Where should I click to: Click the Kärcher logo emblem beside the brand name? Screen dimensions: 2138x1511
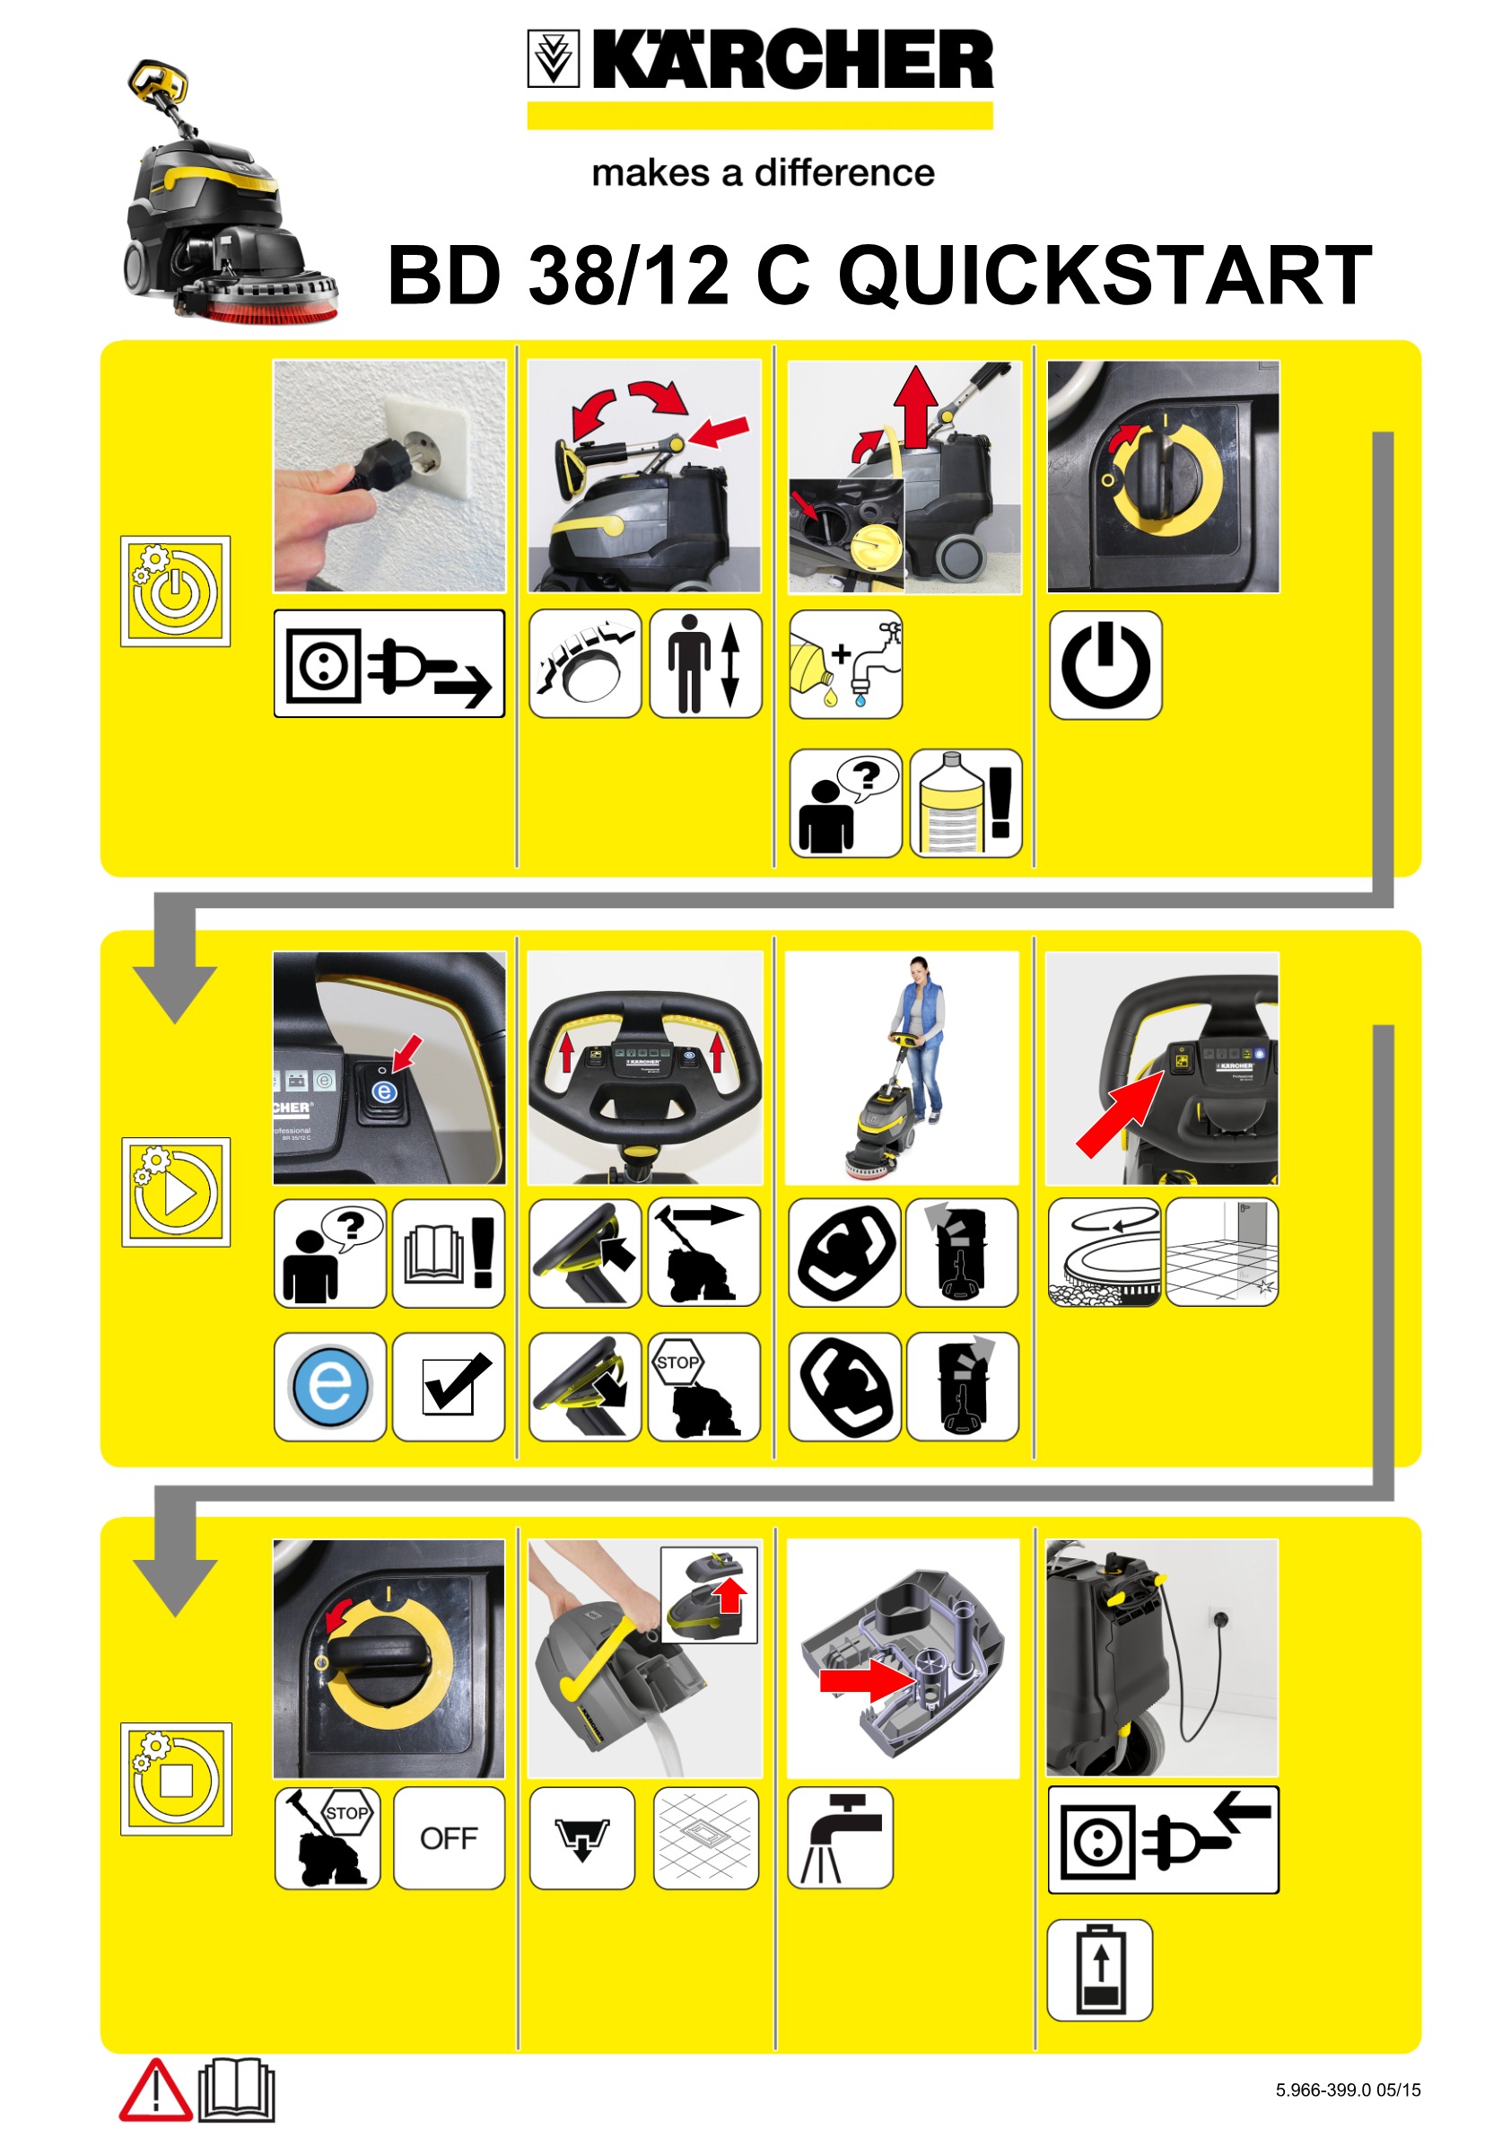[x=553, y=57]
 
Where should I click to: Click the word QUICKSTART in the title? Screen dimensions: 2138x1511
[x=1105, y=276]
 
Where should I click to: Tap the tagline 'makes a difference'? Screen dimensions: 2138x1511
[x=763, y=173]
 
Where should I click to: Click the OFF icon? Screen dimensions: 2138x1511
[x=449, y=1837]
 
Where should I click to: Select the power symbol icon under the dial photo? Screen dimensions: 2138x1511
[x=1105, y=665]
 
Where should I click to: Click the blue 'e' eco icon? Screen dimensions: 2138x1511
[x=329, y=1387]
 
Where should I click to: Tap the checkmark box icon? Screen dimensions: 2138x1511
[x=449, y=1387]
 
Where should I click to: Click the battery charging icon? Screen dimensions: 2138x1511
[x=1099, y=1970]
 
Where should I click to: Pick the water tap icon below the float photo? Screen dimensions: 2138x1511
[x=840, y=1837]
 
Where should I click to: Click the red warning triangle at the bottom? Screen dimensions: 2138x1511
[x=154, y=2090]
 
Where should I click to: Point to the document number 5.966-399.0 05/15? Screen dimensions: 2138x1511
[x=1347, y=2090]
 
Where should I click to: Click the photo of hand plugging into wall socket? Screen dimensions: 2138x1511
[x=389, y=477]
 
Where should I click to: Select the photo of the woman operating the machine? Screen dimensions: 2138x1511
[x=901, y=1067]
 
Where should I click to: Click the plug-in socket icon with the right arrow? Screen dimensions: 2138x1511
[x=389, y=664]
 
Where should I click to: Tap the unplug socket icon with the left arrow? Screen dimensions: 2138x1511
[x=1163, y=1839]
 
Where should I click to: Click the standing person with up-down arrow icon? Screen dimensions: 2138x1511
[x=704, y=664]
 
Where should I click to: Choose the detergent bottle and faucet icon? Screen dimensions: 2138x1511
[x=845, y=664]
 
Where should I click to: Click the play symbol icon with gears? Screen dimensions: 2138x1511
[x=175, y=1191]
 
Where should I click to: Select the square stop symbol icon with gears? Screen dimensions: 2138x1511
[x=175, y=1779]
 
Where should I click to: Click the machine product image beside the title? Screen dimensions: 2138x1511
[x=229, y=194]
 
